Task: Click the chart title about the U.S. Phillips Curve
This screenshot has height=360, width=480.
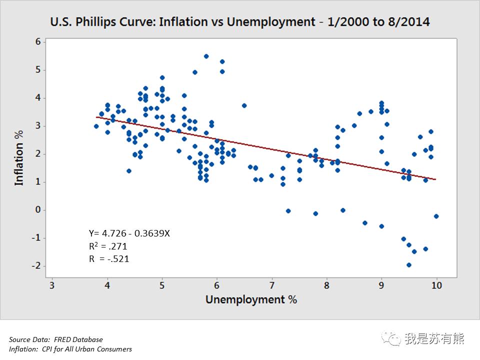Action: click(239, 21)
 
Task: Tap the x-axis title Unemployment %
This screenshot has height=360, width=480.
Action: click(251, 299)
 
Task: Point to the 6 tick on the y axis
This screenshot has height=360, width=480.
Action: click(38, 42)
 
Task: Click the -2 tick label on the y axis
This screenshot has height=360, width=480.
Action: click(36, 266)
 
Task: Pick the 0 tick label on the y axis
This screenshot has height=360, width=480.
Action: click(38, 210)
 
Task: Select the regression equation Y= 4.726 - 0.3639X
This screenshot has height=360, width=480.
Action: click(129, 233)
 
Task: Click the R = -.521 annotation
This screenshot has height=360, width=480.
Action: click(108, 258)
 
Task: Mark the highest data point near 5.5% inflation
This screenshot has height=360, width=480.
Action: click(206, 56)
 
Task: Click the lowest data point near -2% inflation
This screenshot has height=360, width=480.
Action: click(409, 265)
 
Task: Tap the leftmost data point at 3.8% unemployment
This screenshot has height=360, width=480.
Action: click(96, 126)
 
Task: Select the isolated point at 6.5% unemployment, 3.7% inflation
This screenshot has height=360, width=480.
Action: click(244, 105)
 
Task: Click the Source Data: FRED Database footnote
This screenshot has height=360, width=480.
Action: click(55, 339)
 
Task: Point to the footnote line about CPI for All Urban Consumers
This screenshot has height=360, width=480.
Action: click(70, 349)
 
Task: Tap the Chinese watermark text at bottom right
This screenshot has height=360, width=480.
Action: click(434, 339)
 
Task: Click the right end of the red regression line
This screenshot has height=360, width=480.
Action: click(436, 179)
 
